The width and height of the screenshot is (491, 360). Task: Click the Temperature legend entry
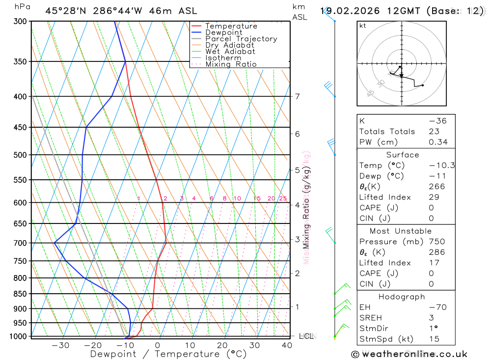231,26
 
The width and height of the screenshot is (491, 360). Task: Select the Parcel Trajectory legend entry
241,39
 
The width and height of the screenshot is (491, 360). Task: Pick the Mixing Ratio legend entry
231,64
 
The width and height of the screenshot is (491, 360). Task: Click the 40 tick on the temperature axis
287,345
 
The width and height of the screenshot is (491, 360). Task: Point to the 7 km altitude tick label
298,96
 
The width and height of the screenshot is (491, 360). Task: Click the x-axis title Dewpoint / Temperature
168,354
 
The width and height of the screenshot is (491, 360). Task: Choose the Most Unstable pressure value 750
436,242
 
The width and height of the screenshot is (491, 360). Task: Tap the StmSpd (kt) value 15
434,339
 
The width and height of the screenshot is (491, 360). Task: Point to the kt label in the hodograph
363,26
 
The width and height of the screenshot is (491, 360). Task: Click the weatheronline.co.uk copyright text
409,354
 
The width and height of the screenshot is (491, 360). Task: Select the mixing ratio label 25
283,198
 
